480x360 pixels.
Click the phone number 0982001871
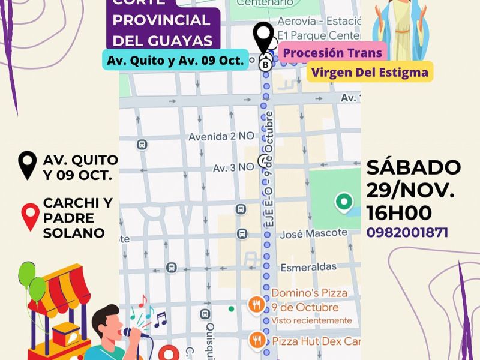point(407,232)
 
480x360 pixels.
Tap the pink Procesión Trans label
point(332,53)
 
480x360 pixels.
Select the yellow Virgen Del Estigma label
point(370,73)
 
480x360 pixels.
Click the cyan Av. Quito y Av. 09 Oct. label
point(175,60)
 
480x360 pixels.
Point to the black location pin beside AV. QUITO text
point(28,166)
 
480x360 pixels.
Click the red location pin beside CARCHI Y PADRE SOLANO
point(30,217)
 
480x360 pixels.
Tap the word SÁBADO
point(413,167)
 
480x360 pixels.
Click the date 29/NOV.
point(410,190)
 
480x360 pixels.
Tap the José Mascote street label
point(318,233)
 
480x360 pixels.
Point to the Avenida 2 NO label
point(221,137)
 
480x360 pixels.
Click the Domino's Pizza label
point(309,293)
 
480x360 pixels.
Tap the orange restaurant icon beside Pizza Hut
point(257,340)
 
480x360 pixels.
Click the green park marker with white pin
point(344,202)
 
